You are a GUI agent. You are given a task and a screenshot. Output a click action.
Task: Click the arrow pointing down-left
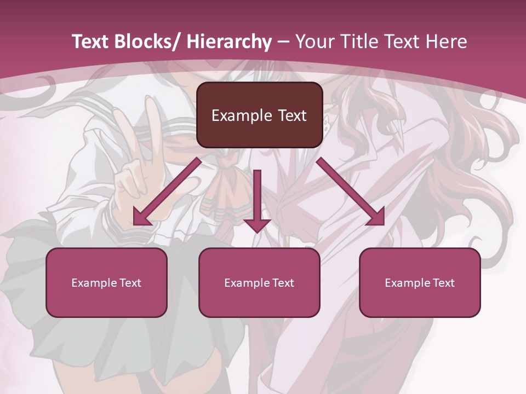167,192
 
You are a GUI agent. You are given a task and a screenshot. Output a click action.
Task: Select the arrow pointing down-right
351,192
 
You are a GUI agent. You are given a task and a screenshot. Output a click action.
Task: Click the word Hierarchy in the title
230,42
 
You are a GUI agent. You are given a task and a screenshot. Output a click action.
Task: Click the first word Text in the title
90,42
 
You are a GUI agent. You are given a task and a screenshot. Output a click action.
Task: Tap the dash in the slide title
283,43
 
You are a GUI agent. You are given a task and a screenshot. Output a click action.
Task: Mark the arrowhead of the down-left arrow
141,217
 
